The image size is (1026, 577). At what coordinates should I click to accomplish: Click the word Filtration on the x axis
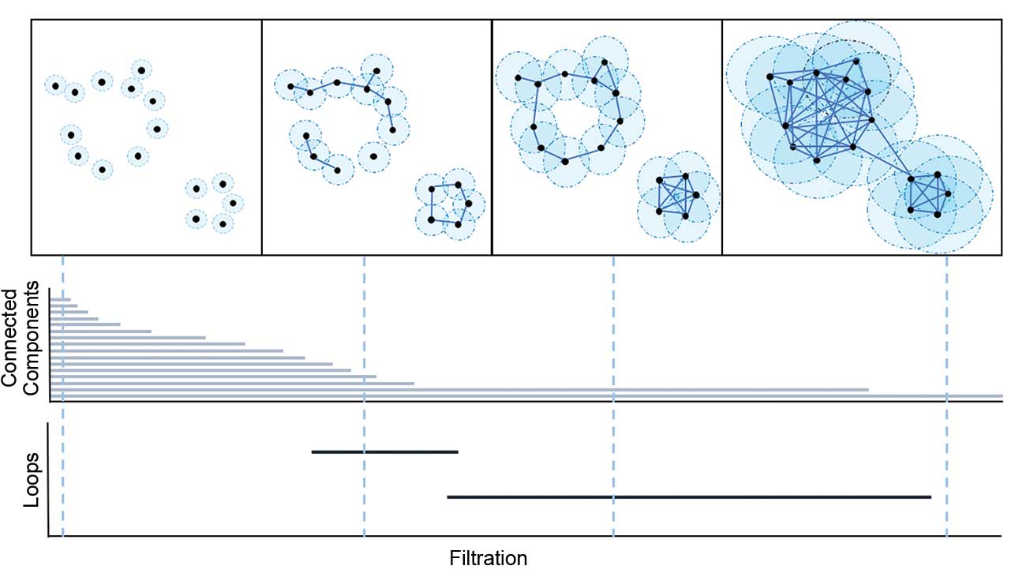click(x=488, y=559)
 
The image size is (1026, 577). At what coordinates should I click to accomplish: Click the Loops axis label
click(x=31, y=479)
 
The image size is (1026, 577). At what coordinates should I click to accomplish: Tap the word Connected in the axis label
click(x=10, y=338)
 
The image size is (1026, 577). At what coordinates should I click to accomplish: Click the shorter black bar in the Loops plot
click(x=384, y=451)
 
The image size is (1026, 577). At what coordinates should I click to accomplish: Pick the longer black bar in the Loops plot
click(x=688, y=496)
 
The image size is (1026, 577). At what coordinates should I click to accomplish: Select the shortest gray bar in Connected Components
click(x=60, y=299)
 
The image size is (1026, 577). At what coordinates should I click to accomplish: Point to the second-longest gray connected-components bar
click(x=459, y=389)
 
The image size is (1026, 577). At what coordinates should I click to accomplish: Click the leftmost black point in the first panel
click(x=55, y=85)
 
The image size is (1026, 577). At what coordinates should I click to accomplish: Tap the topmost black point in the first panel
click(x=141, y=70)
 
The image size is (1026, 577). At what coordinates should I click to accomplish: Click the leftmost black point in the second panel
click(x=290, y=86)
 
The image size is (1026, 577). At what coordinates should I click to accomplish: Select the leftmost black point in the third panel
click(x=518, y=77)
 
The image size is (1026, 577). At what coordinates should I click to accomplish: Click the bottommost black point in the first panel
click(x=223, y=224)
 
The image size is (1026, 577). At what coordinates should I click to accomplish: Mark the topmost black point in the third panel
click(x=604, y=62)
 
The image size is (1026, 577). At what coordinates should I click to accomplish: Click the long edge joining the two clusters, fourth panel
click(x=891, y=150)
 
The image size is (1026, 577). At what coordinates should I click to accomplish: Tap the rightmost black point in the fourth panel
click(x=947, y=193)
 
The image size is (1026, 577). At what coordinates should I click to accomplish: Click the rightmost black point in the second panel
click(x=469, y=204)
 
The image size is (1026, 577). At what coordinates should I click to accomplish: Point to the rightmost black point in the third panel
click(x=696, y=194)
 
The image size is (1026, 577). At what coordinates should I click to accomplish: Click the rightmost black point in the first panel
click(x=232, y=203)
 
